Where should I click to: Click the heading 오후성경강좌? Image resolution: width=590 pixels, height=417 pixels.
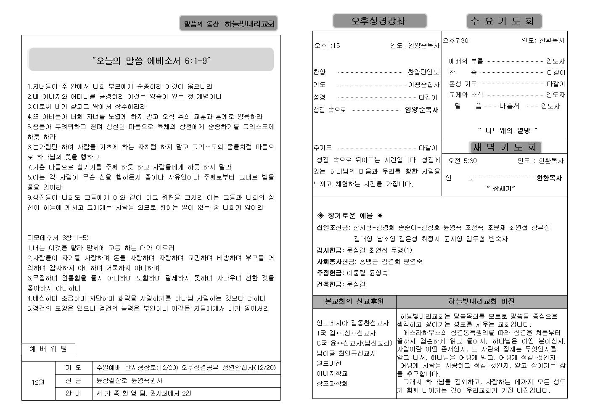point(379,21)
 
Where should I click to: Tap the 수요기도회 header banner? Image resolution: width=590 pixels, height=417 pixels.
point(504,21)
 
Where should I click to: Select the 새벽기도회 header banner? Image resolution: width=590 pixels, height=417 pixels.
point(505,147)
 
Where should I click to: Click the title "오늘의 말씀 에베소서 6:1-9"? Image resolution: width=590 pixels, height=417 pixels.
point(151,61)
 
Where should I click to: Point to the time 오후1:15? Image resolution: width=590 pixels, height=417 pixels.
point(327,46)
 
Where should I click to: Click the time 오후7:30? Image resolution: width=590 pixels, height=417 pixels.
point(455,41)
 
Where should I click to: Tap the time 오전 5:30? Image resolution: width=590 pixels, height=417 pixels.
point(462,161)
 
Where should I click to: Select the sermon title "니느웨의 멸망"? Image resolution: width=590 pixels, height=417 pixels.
point(508,131)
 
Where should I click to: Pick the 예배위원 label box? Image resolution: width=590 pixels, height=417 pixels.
point(48,349)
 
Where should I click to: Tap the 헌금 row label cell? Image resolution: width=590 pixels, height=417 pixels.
point(74,381)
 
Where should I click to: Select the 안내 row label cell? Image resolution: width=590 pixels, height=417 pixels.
point(74,394)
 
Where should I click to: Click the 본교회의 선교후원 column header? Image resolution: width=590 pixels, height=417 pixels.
point(354,301)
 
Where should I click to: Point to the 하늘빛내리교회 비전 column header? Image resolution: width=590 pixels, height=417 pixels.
point(482,301)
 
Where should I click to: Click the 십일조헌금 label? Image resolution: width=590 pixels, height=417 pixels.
point(333,228)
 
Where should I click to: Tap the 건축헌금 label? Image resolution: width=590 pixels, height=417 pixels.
point(330,285)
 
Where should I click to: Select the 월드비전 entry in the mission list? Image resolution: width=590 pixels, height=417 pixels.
point(329,363)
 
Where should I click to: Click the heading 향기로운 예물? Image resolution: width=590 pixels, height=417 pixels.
point(350,216)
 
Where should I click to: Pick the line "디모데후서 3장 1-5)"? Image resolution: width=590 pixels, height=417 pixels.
point(58,238)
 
